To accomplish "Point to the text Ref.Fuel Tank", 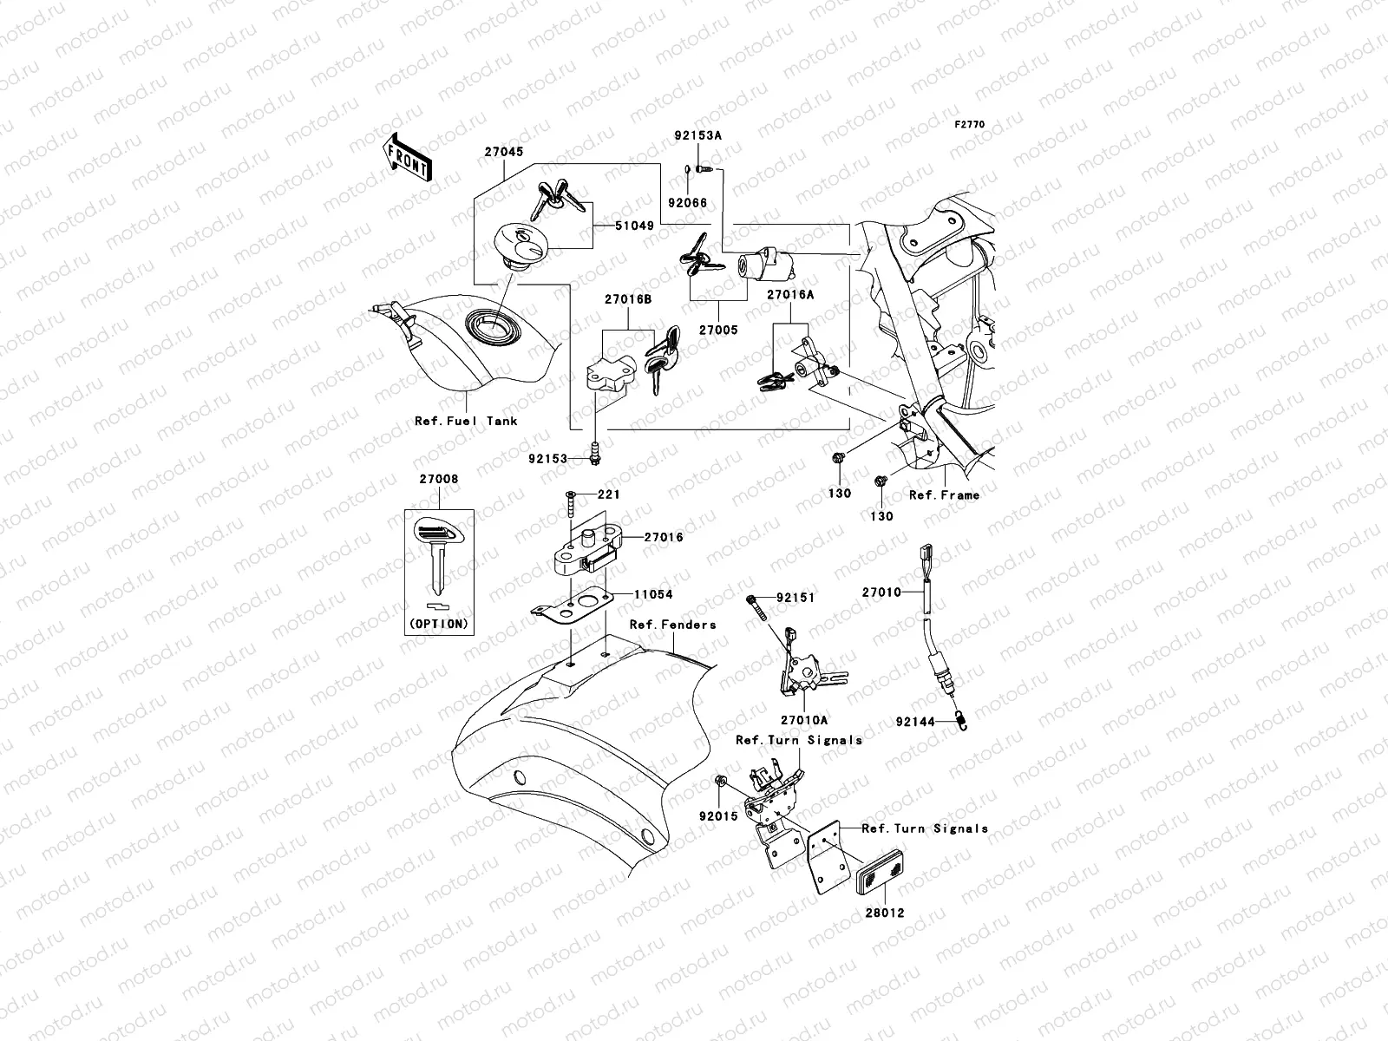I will coord(466,421).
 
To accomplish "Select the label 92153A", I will coord(698,136).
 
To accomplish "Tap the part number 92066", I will coord(688,203).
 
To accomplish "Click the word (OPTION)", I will coord(438,623).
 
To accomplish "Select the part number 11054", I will coord(652,595).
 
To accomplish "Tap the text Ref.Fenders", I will coord(672,624).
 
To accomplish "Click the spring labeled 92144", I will coord(962,719).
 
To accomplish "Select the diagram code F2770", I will coord(970,125).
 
